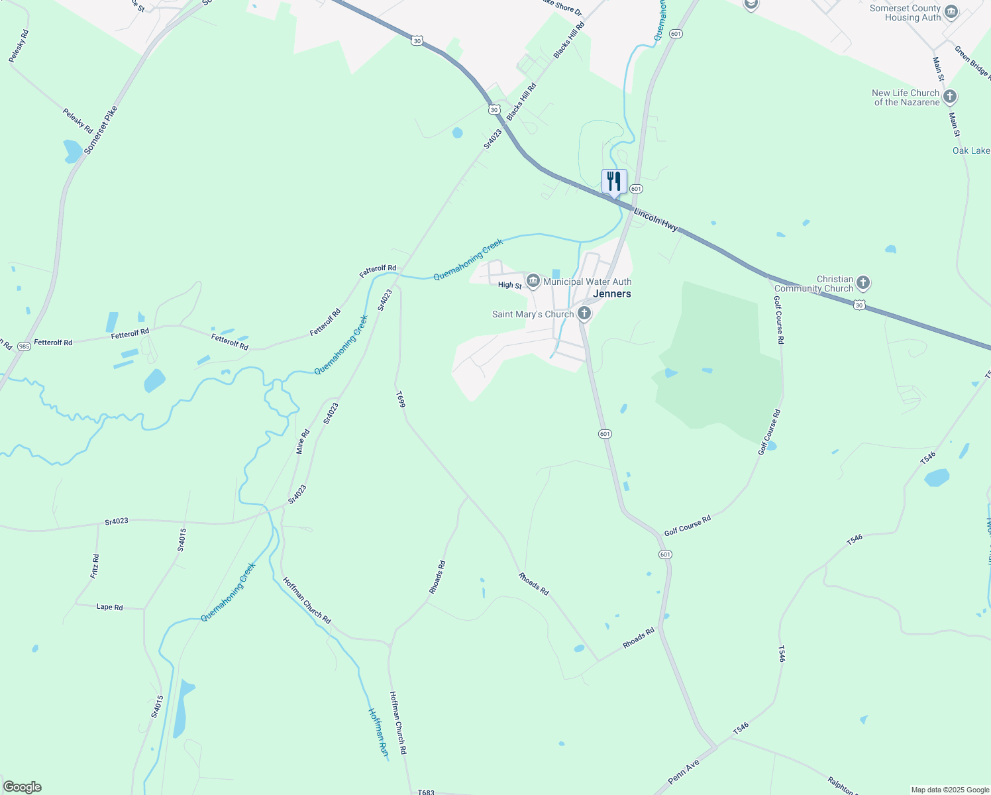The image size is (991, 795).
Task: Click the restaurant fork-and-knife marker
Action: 614,181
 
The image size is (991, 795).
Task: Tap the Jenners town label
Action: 612,293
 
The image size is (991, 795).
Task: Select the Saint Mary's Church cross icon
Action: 584,313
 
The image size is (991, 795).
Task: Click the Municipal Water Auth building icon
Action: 533,282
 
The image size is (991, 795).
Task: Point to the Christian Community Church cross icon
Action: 862,284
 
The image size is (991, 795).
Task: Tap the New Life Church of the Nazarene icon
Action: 950,97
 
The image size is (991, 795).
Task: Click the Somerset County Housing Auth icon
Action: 951,13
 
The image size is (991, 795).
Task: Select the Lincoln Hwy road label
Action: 656,219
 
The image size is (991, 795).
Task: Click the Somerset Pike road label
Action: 101,131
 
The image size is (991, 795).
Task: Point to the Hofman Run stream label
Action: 378,732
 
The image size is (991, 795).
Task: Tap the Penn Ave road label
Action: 684,772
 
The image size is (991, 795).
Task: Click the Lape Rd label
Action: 109,607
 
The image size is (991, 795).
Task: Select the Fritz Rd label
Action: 95,566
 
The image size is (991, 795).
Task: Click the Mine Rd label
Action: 303,442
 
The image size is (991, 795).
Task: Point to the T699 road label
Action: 400,399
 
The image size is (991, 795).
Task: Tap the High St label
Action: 509,285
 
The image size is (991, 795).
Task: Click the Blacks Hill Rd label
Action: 569,40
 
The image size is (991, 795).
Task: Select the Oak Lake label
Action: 970,150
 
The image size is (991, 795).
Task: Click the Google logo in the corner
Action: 22,787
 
